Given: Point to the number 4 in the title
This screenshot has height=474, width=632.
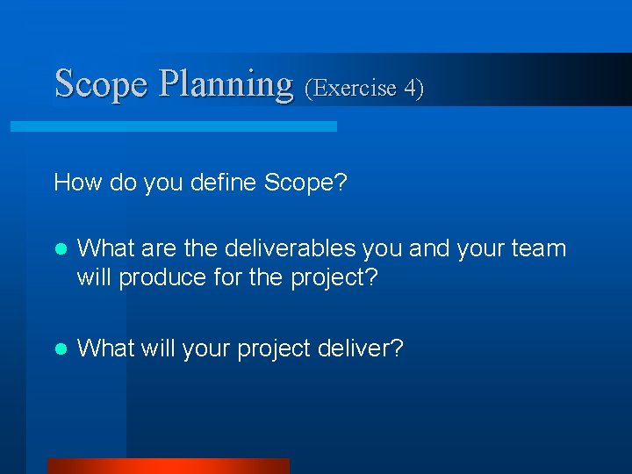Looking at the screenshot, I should (412, 88).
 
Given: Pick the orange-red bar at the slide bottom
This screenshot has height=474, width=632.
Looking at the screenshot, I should (168, 465).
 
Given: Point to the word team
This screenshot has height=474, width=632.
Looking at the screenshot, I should (537, 249).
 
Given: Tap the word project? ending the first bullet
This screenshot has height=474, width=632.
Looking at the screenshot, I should (333, 277).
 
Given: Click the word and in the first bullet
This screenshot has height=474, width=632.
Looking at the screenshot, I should (427, 249).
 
